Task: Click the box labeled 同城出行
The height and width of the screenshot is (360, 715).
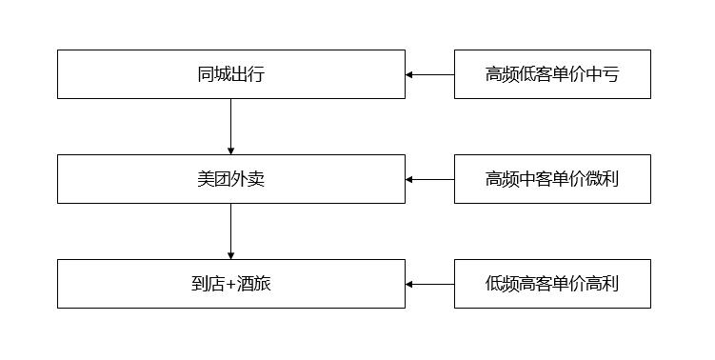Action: click(230, 74)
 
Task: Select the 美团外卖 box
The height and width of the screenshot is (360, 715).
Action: click(230, 179)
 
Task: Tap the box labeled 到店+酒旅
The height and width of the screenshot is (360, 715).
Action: click(230, 284)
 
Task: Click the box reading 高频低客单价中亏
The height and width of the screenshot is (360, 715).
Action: click(552, 74)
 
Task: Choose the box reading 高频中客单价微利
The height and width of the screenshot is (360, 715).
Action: click(552, 179)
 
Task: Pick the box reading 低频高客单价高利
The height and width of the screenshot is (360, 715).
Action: click(552, 284)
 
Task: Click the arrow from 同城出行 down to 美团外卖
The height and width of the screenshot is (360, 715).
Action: click(230, 126)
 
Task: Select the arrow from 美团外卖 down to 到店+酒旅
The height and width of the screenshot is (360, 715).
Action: click(230, 230)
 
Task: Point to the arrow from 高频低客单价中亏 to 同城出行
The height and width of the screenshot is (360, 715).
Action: click(430, 74)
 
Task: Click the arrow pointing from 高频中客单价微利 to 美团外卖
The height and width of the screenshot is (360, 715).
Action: click(430, 179)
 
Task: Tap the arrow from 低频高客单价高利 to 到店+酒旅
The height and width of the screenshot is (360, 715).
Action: click(430, 284)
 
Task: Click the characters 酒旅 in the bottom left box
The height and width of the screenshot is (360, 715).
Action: click(254, 284)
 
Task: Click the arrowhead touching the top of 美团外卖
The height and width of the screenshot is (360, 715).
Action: click(230, 150)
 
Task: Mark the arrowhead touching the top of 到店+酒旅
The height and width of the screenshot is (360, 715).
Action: click(230, 255)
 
